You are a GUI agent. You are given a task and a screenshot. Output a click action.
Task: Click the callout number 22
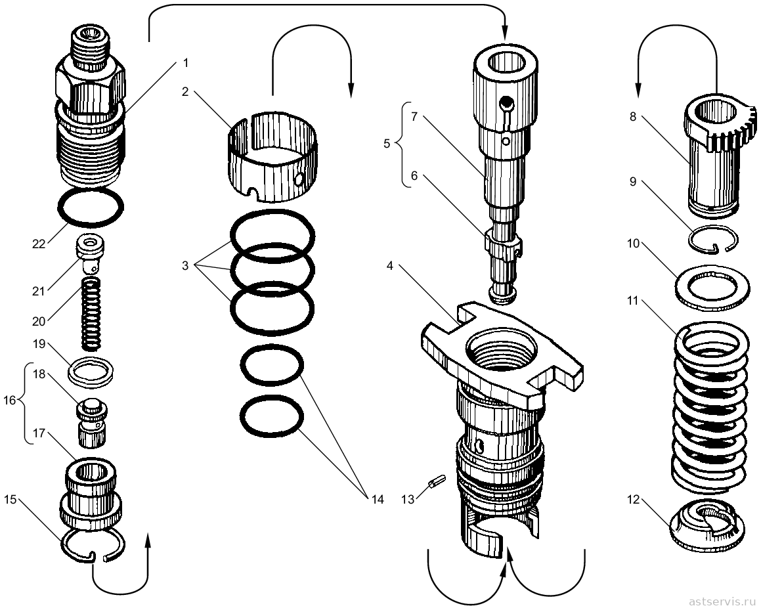click(38, 244)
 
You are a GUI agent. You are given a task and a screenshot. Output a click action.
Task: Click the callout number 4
click(391, 266)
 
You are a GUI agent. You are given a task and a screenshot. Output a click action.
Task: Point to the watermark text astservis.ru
click(720, 601)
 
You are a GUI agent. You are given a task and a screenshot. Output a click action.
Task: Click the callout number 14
click(376, 499)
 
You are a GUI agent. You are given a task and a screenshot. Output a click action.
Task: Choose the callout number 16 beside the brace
click(10, 400)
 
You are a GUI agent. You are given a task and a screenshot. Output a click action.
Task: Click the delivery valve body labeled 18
click(91, 422)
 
